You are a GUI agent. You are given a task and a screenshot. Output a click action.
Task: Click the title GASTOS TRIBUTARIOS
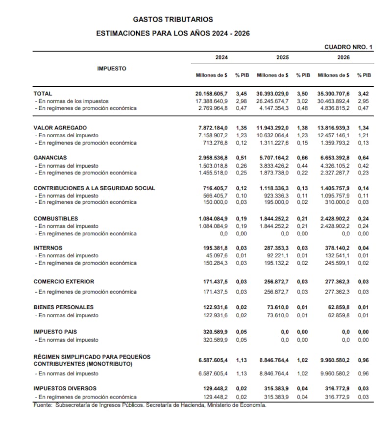tap(173, 20)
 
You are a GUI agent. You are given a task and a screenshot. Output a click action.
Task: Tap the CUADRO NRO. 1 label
tap(348, 47)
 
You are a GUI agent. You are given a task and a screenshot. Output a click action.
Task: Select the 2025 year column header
tap(283, 57)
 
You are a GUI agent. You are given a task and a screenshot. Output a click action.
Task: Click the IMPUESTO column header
tap(111, 69)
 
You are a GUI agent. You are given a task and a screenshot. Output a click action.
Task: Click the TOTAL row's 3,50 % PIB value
tap(303, 93)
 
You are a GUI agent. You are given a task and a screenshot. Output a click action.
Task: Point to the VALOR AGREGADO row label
tap(60, 127)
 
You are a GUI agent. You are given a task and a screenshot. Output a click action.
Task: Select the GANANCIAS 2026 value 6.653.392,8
tap(334, 158)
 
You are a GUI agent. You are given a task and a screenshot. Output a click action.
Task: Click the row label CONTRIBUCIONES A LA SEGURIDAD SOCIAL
tap(94, 188)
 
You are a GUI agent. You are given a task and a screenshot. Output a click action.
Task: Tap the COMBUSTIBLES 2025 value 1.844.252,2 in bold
tap(273, 219)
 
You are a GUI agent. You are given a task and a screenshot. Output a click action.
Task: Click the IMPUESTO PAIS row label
tap(55, 332)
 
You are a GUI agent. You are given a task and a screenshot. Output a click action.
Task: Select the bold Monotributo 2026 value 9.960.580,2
tap(334, 360)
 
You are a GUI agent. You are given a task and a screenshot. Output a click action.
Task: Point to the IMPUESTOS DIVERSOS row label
tap(65, 389)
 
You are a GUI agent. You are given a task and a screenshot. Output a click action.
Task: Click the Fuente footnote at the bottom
tap(149, 405)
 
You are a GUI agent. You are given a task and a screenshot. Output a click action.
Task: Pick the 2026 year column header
tap(343, 57)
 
